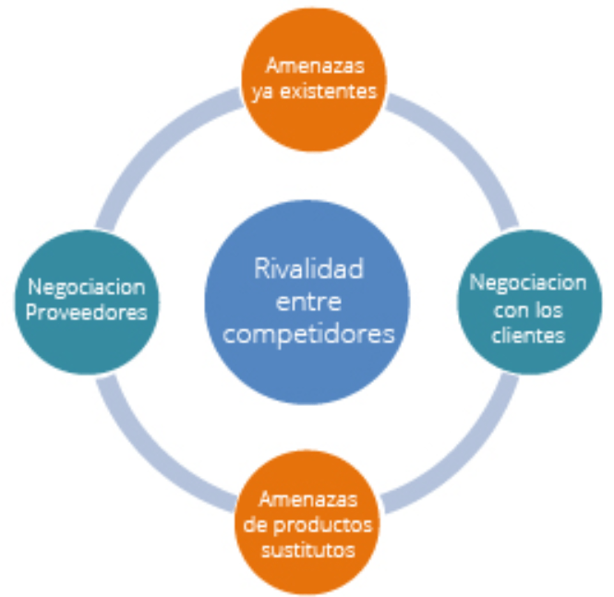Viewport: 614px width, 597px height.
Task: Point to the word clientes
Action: pyautogui.click(x=527, y=335)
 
